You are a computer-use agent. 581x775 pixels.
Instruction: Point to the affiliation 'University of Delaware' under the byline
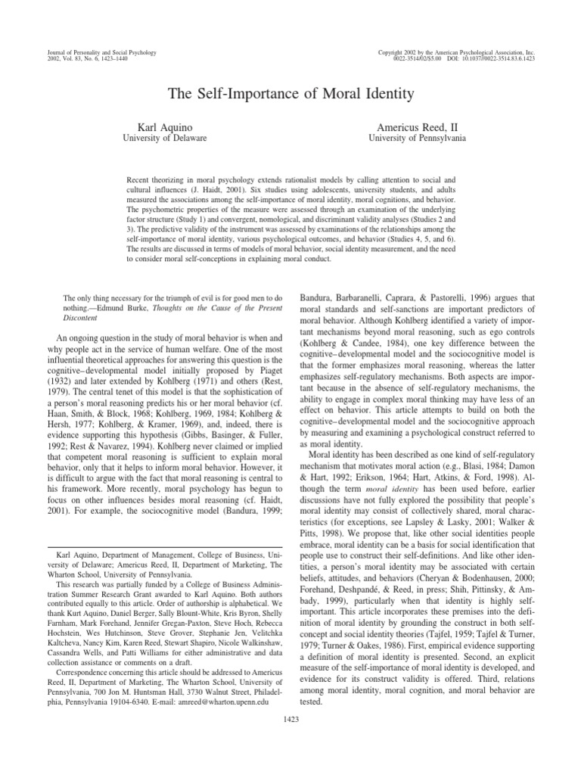[x=164, y=139]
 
